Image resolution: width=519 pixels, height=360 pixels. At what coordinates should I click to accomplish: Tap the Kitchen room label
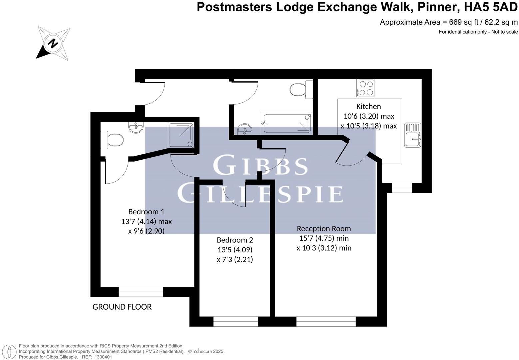click(x=368, y=107)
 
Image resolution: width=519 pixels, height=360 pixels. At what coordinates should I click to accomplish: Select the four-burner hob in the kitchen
click(x=365, y=88)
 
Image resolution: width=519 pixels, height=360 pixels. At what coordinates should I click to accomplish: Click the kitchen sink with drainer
click(x=413, y=135)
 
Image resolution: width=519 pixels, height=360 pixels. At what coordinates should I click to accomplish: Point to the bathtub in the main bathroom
click(x=286, y=124)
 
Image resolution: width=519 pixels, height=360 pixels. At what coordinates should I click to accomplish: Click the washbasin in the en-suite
click(x=136, y=127)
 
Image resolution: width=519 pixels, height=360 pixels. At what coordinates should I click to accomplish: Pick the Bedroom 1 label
click(x=146, y=212)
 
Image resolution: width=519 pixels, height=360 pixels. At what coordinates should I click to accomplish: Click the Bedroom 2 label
click(x=235, y=240)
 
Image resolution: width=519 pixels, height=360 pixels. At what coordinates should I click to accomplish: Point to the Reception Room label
click(x=324, y=229)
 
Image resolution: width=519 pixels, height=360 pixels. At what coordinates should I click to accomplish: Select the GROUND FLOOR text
click(x=122, y=307)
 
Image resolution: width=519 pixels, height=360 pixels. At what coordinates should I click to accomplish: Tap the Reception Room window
click(x=326, y=322)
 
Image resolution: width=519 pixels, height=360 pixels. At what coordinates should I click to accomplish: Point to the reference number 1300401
click(x=103, y=357)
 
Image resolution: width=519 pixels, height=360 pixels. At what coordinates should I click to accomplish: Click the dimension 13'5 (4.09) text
click(x=235, y=250)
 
